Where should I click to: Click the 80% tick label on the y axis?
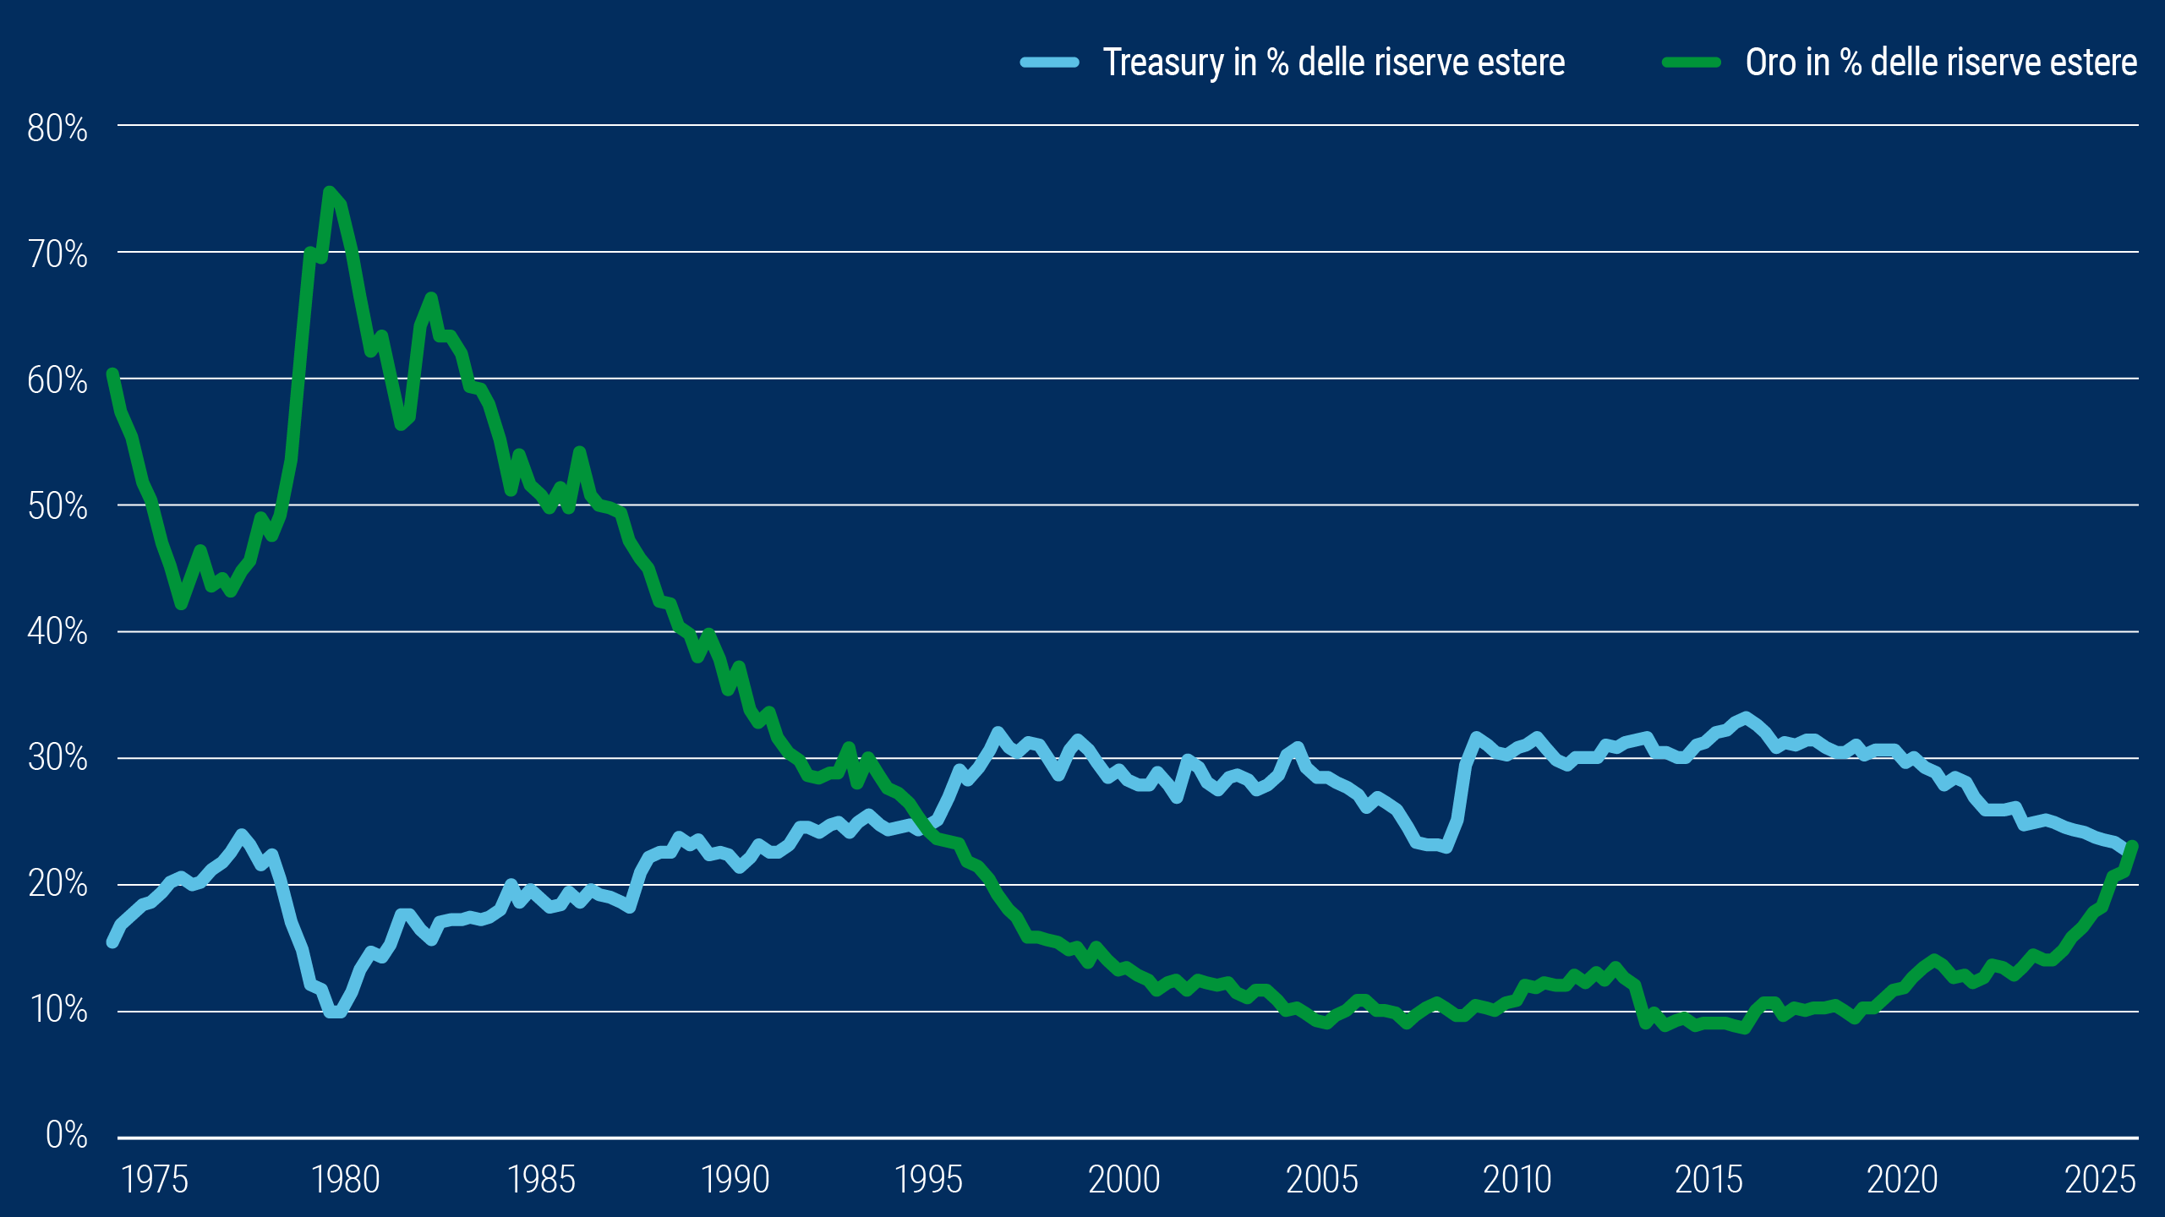[x=57, y=128]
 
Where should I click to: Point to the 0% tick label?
[x=66, y=1135]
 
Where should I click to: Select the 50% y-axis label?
[x=57, y=506]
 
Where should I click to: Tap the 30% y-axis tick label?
[x=57, y=757]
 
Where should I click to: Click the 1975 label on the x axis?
[x=154, y=1180]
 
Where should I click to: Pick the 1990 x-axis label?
[x=735, y=1180]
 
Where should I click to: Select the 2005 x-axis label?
[x=1321, y=1180]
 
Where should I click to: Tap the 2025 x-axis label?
[x=2100, y=1180]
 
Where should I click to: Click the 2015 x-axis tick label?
[x=1708, y=1180]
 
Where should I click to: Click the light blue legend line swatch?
[x=1049, y=62]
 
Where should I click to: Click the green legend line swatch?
[x=1691, y=62]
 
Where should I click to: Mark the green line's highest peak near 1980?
[x=330, y=192]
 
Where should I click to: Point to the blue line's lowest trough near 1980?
[x=335, y=1012]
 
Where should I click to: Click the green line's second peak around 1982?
[x=431, y=297]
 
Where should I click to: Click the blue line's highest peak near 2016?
[x=1746, y=718]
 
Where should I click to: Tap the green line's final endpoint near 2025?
[x=2132, y=846]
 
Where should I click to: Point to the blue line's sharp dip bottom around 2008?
[x=1446, y=847]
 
